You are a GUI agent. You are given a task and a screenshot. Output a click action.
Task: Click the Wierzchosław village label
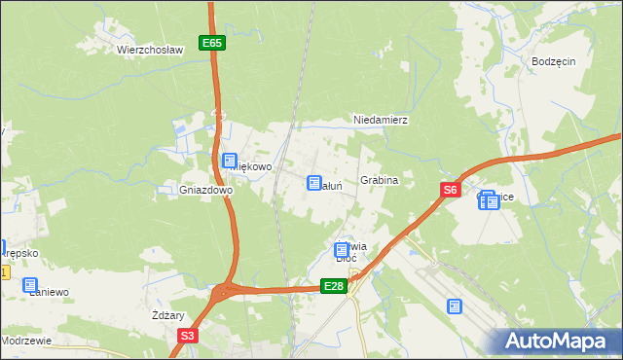point(150,50)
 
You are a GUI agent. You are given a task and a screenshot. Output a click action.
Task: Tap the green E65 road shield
point(212,43)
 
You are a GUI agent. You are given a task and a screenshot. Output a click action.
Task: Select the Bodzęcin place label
point(554,60)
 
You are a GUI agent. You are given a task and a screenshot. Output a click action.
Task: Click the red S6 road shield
point(449,192)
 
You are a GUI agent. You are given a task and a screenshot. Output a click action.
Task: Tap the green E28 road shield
point(334,285)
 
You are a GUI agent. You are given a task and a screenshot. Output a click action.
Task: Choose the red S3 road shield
point(188,336)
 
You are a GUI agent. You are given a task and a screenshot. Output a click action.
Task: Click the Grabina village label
point(380,181)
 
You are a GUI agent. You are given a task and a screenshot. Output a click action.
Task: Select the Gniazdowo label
point(205,191)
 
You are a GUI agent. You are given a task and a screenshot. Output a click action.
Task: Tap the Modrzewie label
point(26,341)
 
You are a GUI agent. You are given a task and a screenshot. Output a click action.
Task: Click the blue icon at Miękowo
point(230,162)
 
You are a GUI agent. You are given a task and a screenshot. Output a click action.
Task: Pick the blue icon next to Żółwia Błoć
point(342,250)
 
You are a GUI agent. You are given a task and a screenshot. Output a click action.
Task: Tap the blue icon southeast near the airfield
point(455,306)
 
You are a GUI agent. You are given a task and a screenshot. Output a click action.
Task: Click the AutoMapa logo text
point(560,341)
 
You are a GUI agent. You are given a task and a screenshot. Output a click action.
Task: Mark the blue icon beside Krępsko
point(2,248)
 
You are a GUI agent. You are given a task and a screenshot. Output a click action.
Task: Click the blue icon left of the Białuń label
point(314,182)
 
